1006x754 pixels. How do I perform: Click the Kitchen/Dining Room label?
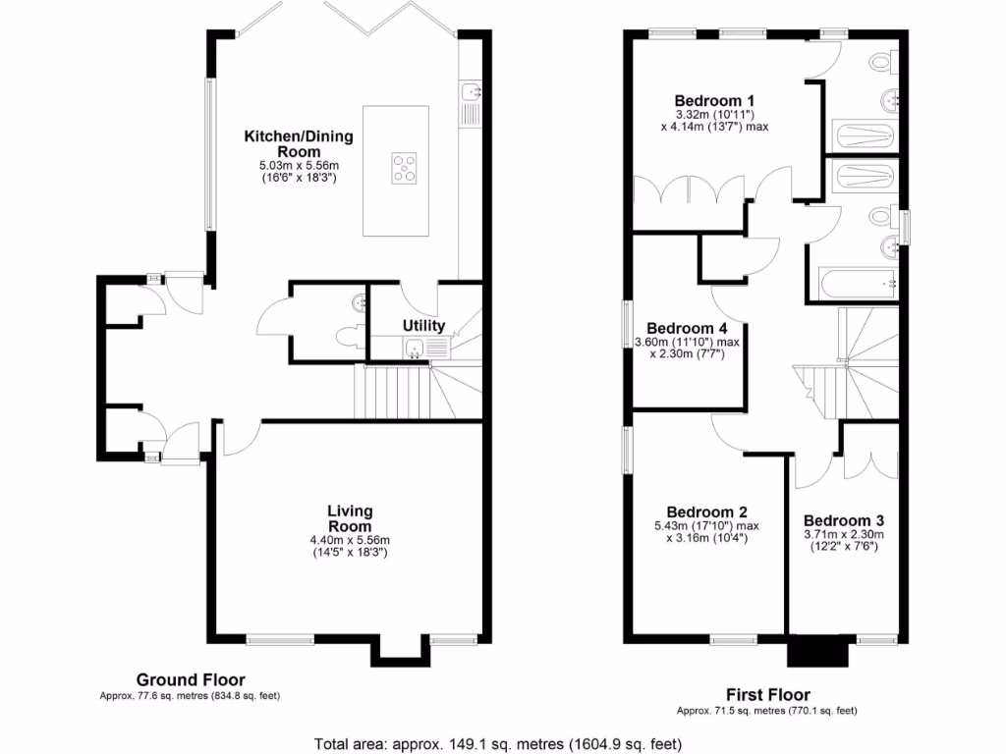pyautogui.click(x=299, y=143)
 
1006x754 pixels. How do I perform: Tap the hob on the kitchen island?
pyautogui.click(x=403, y=167)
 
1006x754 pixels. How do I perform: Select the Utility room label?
pyautogui.click(x=423, y=325)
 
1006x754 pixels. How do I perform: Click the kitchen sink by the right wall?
pyautogui.click(x=472, y=94)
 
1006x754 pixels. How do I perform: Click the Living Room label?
pyautogui.click(x=350, y=518)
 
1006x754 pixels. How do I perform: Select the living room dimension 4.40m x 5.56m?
pyautogui.click(x=350, y=540)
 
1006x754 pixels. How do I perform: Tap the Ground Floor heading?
pyautogui.click(x=191, y=679)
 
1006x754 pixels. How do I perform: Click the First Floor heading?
pyautogui.click(x=768, y=694)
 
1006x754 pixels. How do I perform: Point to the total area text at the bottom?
pyautogui.click(x=497, y=743)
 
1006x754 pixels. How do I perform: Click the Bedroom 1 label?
pyautogui.click(x=714, y=100)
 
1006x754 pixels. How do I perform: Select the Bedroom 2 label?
pyautogui.click(x=706, y=512)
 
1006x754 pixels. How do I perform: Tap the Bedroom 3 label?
pyautogui.click(x=843, y=520)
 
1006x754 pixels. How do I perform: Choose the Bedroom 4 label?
pyautogui.click(x=687, y=328)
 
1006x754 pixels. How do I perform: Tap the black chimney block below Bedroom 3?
pyautogui.click(x=818, y=651)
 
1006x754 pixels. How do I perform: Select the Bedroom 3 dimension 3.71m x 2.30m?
pyautogui.click(x=843, y=535)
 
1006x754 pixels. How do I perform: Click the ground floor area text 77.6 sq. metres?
pyautogui.click(x=191, y=696)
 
